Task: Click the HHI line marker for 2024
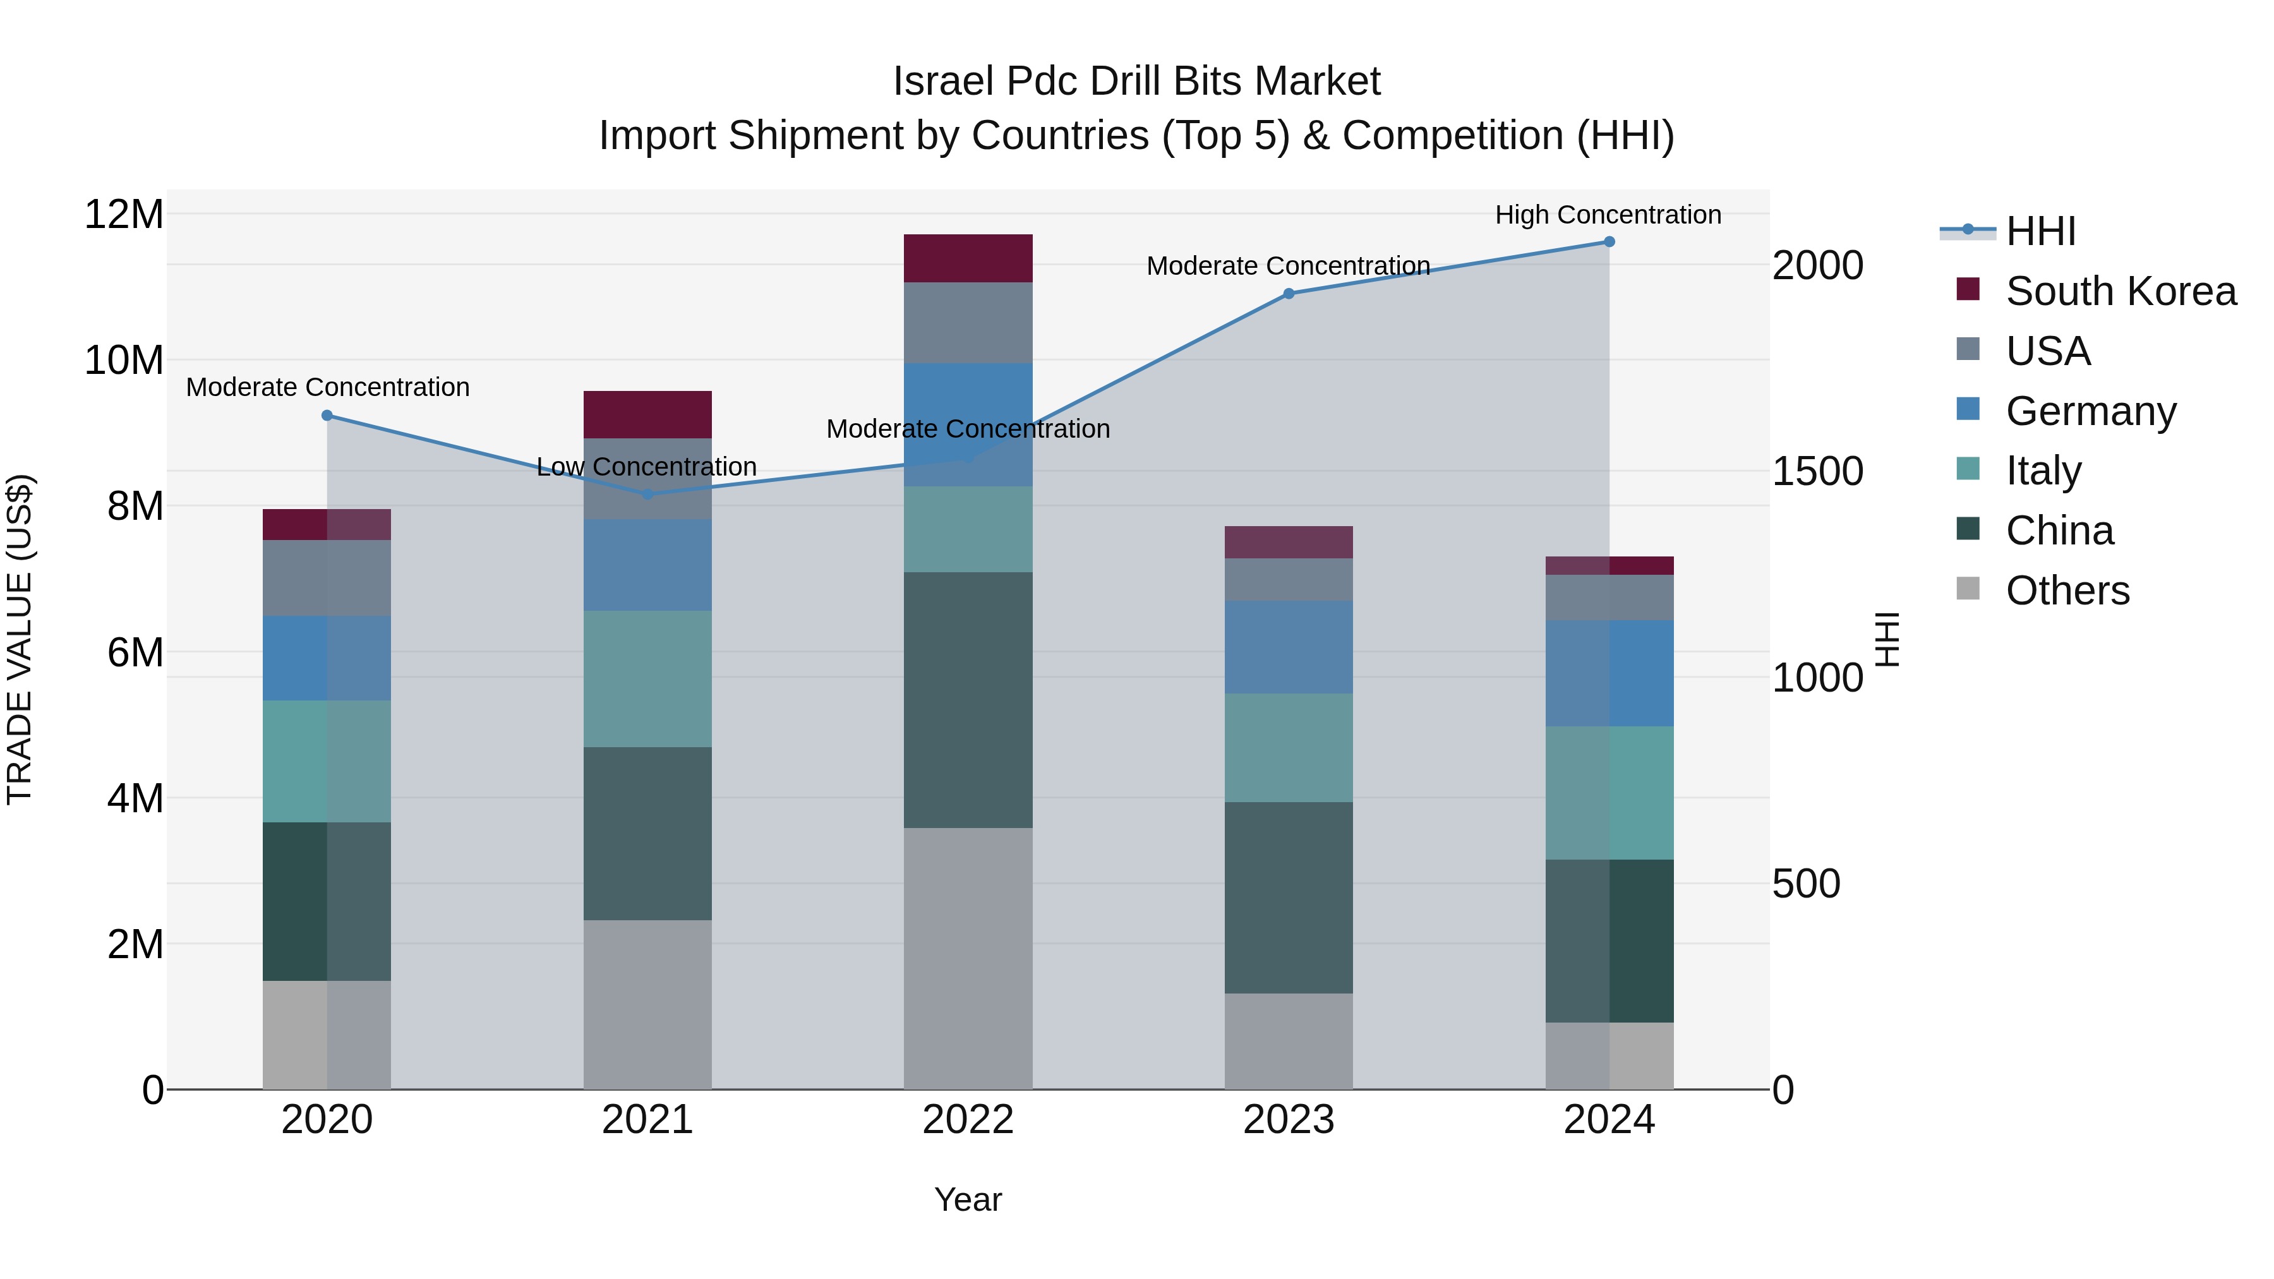click(x=1608, y=242)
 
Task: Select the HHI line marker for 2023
click(x=1288, y=294)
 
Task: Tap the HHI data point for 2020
click(x=327, y=416)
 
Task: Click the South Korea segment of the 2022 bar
click(x=968, y=258)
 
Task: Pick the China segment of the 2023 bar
click(x=1288, y=898)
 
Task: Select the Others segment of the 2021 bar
click(x=647, y=1004)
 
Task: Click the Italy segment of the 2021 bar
click(x=647, y=679)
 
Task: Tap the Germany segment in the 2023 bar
click(x=1288, y=647)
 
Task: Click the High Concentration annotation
click(x=1608, y=215)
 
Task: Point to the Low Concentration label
click(x=646, y=467)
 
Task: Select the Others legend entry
click(x=2067, y=591)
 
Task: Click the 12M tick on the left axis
click(x=124, y=215)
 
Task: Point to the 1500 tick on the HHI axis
click(x=1817, y=471)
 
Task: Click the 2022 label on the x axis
click(x=968, y=1120)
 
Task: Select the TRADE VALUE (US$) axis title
click(x=20, y=639)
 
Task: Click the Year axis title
click(x=968, y=1199)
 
